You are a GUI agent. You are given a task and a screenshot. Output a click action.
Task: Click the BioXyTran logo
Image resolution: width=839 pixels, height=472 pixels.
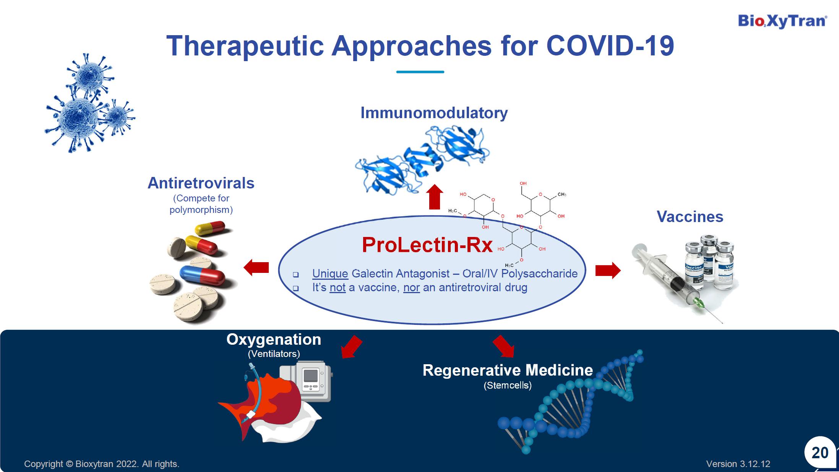(782, 21)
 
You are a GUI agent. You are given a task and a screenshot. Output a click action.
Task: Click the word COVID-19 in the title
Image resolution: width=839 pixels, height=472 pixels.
(610, 46)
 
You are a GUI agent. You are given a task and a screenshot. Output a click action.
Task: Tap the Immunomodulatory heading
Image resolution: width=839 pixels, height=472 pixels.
(434, 113)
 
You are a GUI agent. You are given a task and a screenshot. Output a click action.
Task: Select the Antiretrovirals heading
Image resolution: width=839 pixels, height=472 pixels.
(201, 183)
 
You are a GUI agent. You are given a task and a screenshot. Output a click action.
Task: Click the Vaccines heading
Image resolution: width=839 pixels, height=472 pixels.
(690, 217)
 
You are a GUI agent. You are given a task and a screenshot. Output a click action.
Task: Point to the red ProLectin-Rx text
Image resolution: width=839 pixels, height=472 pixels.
(427, 245)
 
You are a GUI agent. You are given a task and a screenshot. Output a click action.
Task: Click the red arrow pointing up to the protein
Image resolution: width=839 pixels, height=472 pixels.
(435, 197)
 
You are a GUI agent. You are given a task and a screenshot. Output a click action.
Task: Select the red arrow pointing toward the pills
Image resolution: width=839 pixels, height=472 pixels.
(256, 268)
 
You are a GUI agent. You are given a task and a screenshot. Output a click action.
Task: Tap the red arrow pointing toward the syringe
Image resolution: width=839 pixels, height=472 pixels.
(608, 271)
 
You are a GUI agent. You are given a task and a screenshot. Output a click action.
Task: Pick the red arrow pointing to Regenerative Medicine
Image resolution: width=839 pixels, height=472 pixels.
(503, 346)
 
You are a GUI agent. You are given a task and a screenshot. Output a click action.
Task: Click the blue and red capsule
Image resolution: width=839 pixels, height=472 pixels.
(202, 274)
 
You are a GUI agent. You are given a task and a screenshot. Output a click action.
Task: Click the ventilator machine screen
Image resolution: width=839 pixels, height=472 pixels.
(310, 376)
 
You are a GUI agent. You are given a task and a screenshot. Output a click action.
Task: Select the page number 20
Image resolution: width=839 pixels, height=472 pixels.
(820, 453)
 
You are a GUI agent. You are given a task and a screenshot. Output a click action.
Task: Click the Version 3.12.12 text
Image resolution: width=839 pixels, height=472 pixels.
(738, 464)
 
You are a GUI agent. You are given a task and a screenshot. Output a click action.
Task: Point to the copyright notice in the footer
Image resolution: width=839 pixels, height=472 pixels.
(102, 464)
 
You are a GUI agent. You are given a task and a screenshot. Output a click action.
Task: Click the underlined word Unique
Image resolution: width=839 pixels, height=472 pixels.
(330, 274)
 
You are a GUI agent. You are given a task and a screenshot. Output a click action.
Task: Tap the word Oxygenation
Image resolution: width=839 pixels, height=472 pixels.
(274, 340)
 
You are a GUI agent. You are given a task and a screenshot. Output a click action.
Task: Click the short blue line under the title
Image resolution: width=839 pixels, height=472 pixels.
(420, 72)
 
